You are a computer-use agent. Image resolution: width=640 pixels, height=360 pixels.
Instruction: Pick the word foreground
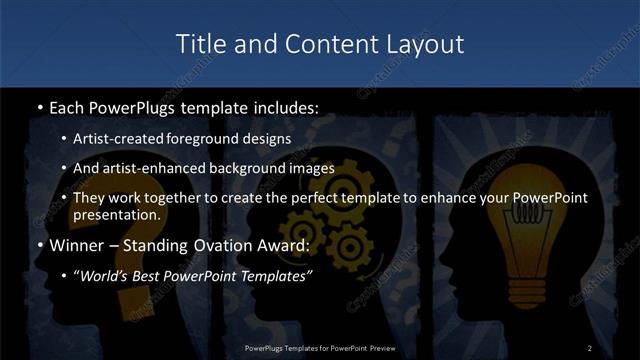(x=205, y=139)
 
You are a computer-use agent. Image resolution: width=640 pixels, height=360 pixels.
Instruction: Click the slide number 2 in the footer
(x=590, y=347)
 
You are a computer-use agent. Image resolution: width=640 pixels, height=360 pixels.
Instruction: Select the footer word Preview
(x=378, y=347)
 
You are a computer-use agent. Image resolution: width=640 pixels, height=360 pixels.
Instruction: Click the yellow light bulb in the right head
(x=539, y=250)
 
